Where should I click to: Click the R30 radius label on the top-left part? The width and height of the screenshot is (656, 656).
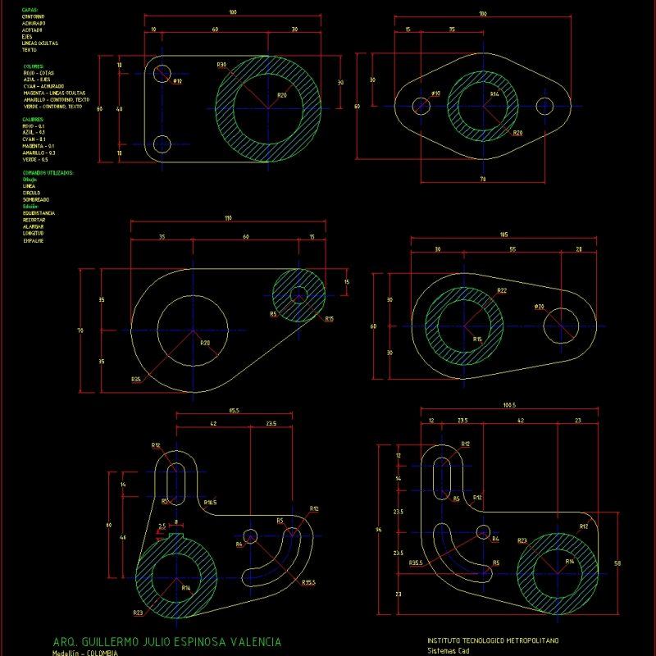coord(221,65)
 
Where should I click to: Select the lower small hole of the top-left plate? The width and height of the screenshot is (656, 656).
coord(162,144)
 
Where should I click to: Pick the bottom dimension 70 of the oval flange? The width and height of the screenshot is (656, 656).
coord(482,178)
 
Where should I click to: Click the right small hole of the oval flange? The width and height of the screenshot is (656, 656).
coord(545,106)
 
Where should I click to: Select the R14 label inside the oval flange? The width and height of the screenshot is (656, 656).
coord(494,94)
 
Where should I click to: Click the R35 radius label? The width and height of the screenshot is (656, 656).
coord(136,379)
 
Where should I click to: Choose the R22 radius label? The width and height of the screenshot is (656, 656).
coord(502,290)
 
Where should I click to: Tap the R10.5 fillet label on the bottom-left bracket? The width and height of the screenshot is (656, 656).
coord(210,501)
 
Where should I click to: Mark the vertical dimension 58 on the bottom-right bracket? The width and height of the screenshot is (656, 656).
coord(617,563)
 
